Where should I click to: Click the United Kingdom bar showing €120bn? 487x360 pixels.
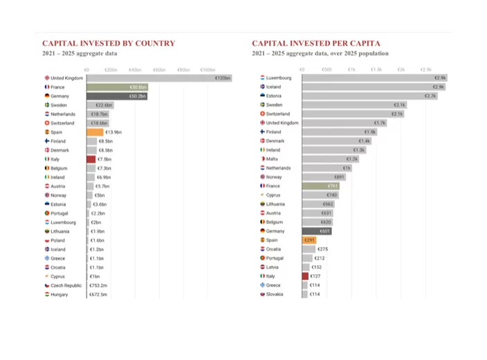(159, 78)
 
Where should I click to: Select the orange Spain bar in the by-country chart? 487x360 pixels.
(94, 132)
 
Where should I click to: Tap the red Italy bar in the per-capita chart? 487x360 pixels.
(305, 276)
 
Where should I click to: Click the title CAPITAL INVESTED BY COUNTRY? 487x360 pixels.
(109, 43)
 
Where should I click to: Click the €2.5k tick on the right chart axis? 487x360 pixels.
(425, 69)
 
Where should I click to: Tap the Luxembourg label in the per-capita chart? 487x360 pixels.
(279, 78)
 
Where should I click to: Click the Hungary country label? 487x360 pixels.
(59, 294)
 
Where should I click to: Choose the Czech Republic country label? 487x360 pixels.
(66, 285)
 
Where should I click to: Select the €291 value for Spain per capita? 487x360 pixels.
(309, 240)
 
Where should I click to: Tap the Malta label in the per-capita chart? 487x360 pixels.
(272, 159)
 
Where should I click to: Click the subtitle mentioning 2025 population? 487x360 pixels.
(320, 53)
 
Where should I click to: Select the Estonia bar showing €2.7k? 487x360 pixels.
(369, 96)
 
